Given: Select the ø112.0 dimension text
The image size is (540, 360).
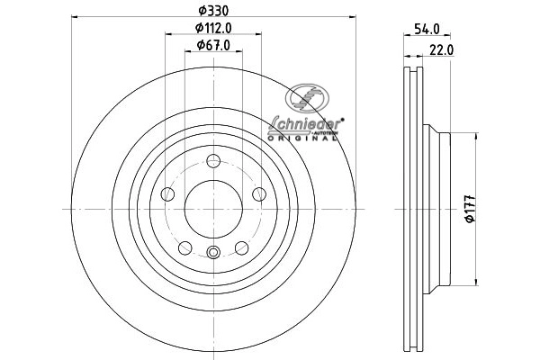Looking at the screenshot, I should (213, 28).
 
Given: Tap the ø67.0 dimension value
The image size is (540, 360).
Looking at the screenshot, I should (213, 46).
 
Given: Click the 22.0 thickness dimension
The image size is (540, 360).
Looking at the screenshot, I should (441, 50).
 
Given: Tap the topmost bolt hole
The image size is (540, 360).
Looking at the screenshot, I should (213, 162).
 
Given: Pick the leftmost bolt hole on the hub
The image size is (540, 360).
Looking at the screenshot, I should (167, 194).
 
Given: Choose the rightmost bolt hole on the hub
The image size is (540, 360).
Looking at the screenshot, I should (259, 194).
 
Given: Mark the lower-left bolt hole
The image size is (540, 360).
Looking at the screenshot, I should (185, 247).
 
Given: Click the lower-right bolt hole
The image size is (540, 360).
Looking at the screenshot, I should (241, 247).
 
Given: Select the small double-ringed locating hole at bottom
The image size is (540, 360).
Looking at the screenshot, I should (213, 253).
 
